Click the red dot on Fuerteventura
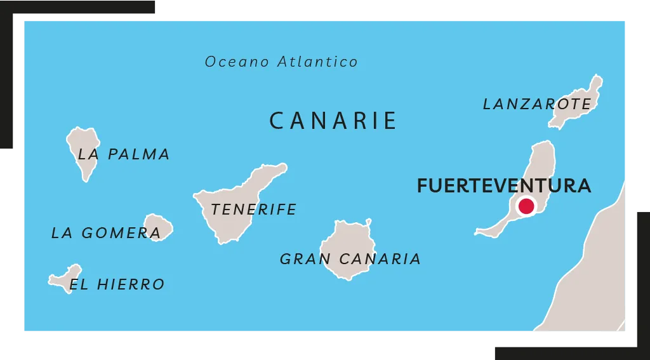click(x=526, y=206)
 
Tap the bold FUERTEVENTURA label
click(x=503, y=186)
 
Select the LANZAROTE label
click(x=536, y=104)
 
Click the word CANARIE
click(x=333, y=121)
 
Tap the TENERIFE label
click(x=254, y=209)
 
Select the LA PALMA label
click(x=124, y=154)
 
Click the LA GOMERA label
click(x=106, y=233)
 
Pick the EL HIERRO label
click(x=117, y=284)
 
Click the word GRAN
click(x=305, y=259)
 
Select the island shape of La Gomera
click(x=159, y=226)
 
